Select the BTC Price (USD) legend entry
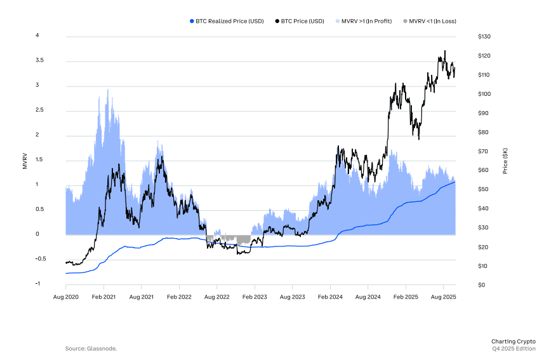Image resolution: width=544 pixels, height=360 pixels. tap(302, 22)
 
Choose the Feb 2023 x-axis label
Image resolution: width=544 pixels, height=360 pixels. tap(255, 297)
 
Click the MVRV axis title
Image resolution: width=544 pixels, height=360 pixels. tap(25, 160)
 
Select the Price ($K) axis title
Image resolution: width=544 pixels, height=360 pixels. tap(505, 161)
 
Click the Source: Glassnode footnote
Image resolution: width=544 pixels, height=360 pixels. tap(91, 349)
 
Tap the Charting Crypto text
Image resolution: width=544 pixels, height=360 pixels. tap(513, 341)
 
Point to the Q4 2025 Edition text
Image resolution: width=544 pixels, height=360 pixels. tap(514, 349)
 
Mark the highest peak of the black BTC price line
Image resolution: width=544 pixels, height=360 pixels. tap(445, 51)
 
